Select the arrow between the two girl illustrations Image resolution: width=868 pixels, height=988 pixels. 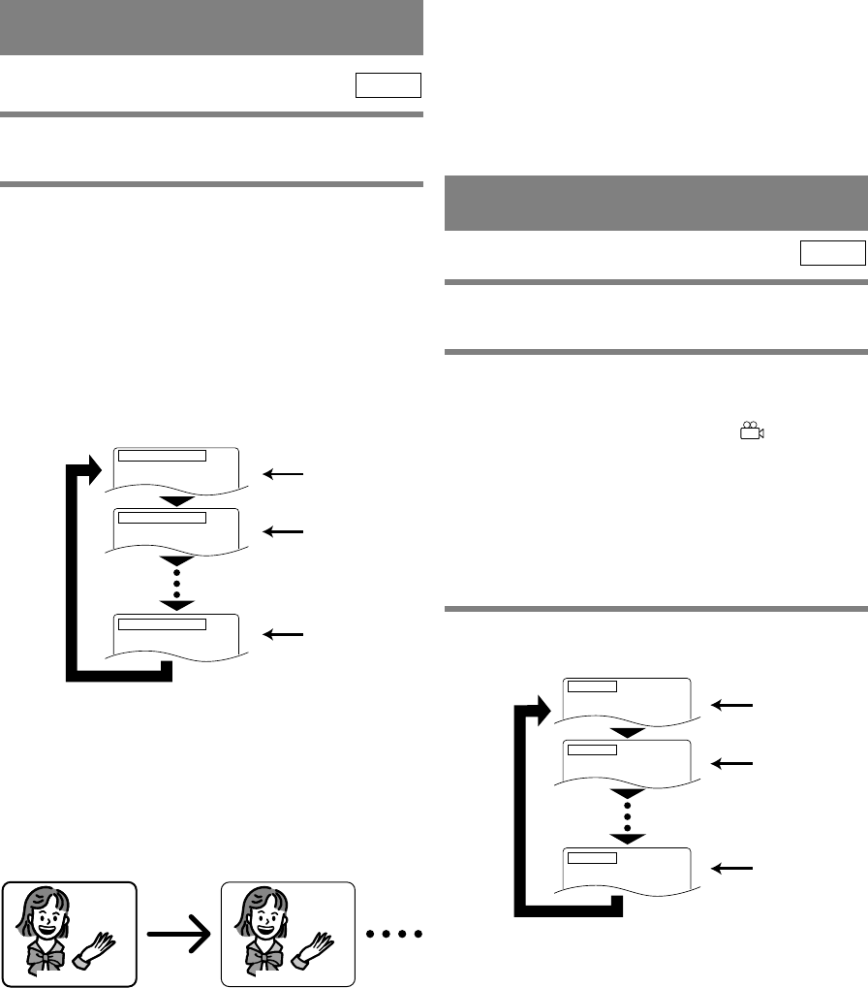click(178, 936)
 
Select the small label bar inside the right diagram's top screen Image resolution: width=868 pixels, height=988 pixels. click(592, 686)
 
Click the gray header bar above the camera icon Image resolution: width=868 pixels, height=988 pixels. click(656, 203)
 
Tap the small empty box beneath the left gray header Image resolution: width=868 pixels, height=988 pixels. click(388, 85)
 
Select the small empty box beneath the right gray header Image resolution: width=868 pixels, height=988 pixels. click(833, 253)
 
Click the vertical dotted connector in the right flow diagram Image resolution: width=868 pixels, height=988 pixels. click(628, 810)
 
